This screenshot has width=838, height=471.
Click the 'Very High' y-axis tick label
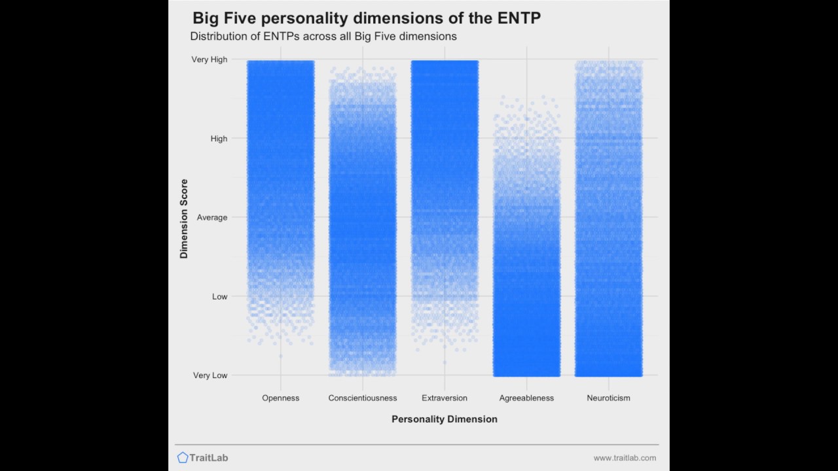click(x=209, y=60)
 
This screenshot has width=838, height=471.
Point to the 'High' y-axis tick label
click(x=219, y=139)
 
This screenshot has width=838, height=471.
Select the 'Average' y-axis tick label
click(x=212, y=217)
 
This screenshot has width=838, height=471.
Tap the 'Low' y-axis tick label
click(x=219, y=296)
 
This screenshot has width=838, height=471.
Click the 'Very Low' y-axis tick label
click(x=210, y=375)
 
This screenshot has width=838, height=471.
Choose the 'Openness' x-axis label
click(x=280, y=398)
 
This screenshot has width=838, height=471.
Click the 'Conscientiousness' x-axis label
click(x=363, y=398)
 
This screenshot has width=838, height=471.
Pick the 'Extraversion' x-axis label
click(x=445, y=398)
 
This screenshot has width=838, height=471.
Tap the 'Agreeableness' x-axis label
click(x=526, y=398)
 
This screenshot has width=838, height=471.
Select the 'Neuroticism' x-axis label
click(x=608, y=398)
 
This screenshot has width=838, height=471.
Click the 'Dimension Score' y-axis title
click(x=184, y=218)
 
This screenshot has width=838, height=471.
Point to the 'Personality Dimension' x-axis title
click(x=445, y=419)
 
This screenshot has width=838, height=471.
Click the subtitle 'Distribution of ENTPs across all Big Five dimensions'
click(x=323, y=37)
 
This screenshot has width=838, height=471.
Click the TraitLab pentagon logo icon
click(x=183, y=458)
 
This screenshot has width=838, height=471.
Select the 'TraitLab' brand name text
click(x=209, y=458)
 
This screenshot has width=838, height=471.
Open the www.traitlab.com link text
click(x=625, y=458)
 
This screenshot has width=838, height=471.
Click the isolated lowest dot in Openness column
click(x=281, y=356)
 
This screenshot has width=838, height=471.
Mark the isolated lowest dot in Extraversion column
click(x=445, y=362)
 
